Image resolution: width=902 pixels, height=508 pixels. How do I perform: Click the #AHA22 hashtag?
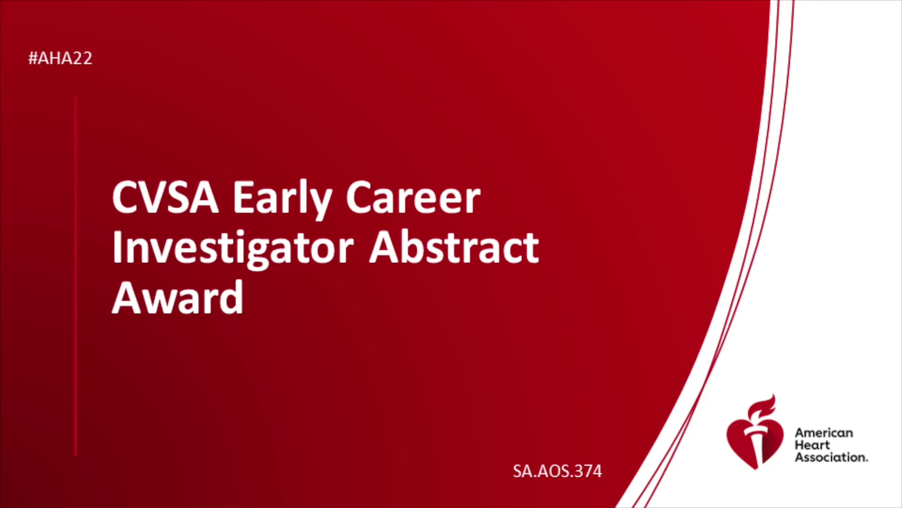click(x=60, y=58)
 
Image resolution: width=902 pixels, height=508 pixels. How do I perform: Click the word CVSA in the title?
click(x=165, y=198)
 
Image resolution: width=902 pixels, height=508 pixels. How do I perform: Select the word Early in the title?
click(x=283, y=200)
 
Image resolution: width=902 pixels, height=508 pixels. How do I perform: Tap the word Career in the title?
click(x=413, y=198)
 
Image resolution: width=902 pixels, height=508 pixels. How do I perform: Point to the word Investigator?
click(x=233, y=249)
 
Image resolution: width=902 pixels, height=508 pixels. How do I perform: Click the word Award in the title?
click(x=178, y=297)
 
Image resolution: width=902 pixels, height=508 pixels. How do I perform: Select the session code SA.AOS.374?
click(x=557, y=471)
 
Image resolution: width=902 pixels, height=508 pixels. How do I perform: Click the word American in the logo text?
click(x=824, y=433)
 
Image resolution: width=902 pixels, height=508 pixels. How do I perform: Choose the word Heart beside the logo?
click(x=812, y=445)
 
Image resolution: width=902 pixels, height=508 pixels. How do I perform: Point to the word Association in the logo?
click(x=831, y=457)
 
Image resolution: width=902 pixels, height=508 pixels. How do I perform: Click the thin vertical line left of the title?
click(x=76, y=276)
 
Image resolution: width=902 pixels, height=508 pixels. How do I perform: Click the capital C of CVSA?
click(x=125, y=198)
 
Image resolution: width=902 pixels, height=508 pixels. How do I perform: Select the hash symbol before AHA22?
click(x=33, y=58)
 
